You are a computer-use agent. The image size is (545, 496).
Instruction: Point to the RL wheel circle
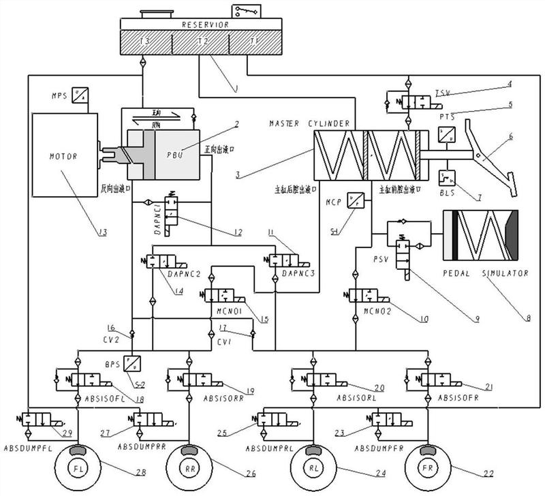(312, 469)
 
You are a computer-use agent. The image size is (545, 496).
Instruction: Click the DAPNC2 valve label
(183, 273)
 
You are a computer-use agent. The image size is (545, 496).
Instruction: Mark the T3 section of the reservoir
(144, 42)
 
